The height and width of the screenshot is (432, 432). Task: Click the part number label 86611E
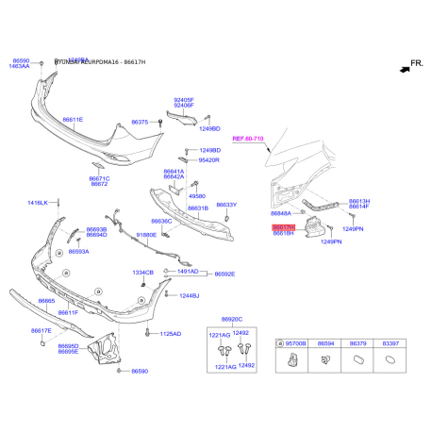click(x=73, y=120)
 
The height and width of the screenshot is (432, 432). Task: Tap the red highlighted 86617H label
click(x=284, y=227)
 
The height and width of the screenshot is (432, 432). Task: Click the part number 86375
click(x=140, y=123)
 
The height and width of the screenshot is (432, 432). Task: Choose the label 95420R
click(x=208, y=160)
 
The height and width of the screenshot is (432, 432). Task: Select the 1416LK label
click(x=38, y=203)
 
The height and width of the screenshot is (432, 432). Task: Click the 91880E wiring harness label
click(x=147, y=235)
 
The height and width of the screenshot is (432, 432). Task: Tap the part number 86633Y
click(x=226, y=205)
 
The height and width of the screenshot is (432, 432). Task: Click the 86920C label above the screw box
click(x=232, y=320)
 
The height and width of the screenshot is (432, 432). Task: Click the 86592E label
click(x=224, y=274)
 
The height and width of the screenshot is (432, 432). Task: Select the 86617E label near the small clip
click(x=41, y=330)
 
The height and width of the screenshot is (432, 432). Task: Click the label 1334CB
click(x=141, y=273)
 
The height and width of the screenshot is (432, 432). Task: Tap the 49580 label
click(x=196, y=196)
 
